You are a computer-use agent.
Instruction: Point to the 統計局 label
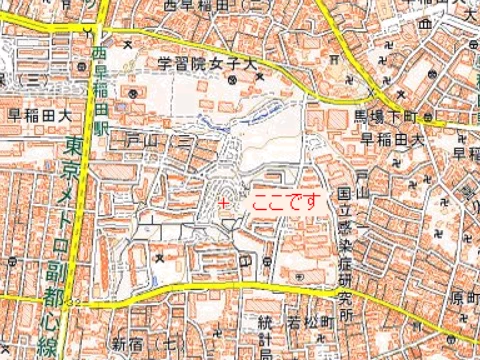265,336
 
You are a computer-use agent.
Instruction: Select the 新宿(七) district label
134,344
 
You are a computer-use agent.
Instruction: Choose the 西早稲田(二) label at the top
209,6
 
